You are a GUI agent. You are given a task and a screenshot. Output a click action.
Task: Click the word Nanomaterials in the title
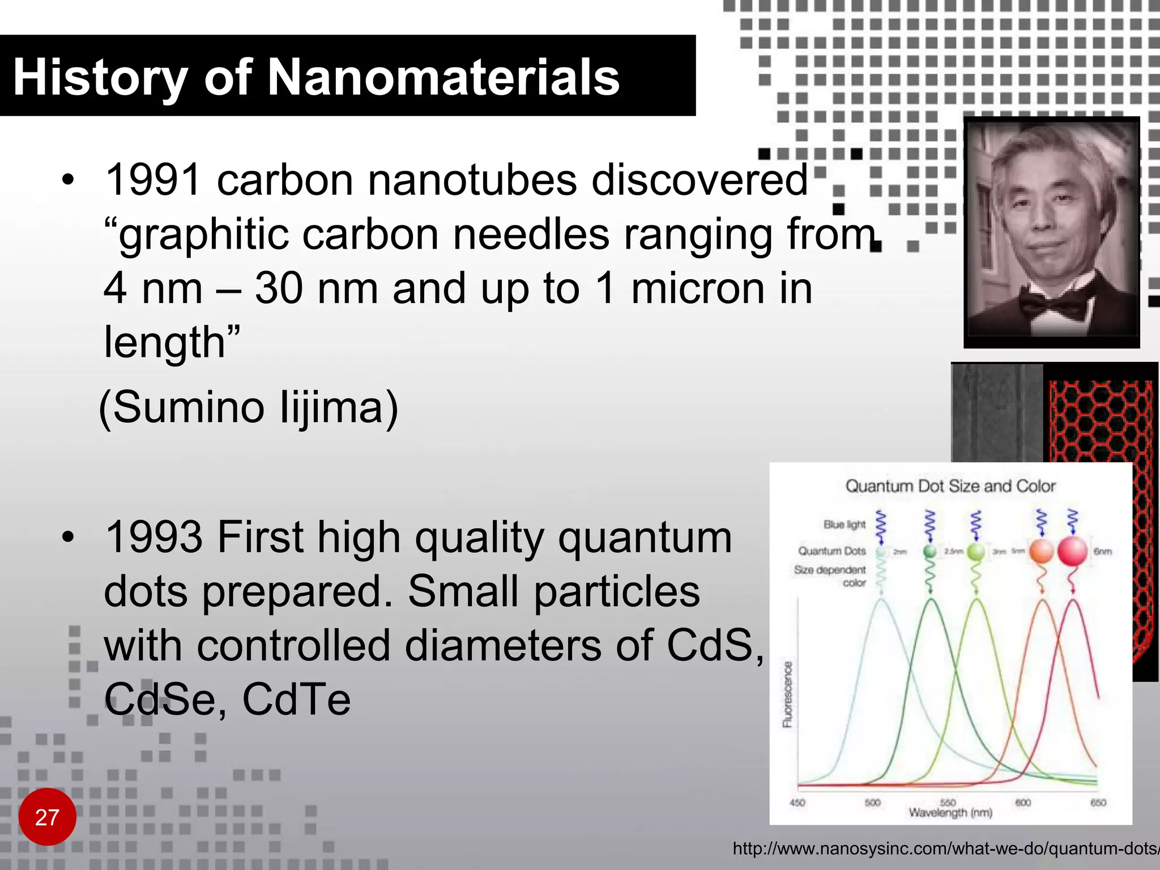point(443,78)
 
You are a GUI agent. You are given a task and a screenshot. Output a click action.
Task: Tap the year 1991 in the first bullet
point(153,180)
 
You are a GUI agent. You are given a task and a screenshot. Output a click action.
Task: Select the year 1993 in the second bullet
point(153,537)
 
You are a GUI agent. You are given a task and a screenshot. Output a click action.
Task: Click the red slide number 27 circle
point(47,817)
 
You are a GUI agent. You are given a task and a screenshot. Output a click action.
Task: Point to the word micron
point(698,288)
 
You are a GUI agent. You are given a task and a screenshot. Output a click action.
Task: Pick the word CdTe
point(296,699)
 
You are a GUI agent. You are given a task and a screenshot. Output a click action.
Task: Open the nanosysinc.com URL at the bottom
point(945,848)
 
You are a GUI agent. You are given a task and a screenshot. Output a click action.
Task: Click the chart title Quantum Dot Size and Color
point(950,486)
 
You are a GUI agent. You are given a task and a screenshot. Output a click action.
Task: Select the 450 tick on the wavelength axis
point(797,803)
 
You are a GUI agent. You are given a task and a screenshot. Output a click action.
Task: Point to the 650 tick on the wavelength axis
point(1098,803)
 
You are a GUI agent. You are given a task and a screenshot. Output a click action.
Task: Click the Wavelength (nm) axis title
point(950,813)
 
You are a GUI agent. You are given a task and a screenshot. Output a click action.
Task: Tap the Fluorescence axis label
point(787,694)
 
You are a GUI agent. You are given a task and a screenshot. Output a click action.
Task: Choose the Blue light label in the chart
point(844,524)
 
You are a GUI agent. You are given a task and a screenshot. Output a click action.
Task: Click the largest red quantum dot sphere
point(1072,551)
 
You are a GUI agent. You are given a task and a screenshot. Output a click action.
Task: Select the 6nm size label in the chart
point(1102,551)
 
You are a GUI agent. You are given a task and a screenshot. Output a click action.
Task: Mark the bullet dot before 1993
point(69,537)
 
